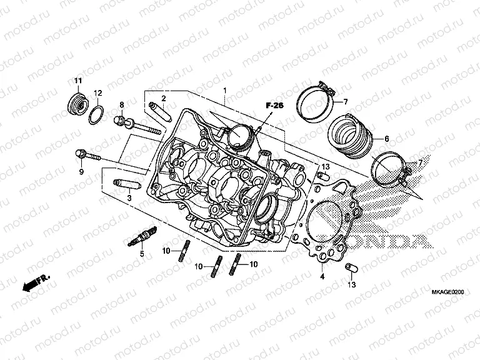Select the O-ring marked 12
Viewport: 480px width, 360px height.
[x=96, y=114]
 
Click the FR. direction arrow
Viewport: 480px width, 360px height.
[x=35, y=284]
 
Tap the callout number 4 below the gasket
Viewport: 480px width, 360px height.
[x=321, y=276]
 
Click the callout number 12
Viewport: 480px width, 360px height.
[x=98, y=93]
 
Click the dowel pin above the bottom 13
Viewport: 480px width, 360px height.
[x=351, y=268]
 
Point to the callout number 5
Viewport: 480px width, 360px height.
[x=141, y=254]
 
